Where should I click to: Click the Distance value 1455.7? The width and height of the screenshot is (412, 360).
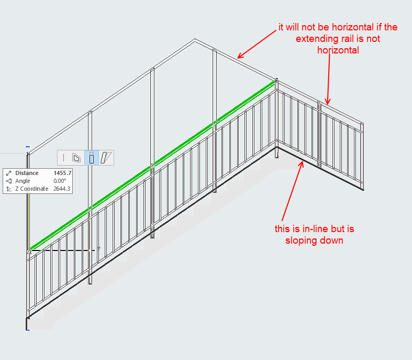point(62,173)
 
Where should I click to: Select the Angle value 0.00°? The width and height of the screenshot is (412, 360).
point(60,181)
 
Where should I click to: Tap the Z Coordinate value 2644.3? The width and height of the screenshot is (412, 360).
point(62,189)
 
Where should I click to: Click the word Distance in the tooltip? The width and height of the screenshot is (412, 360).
point(27,173)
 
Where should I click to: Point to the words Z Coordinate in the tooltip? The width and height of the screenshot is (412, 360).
point(31,189)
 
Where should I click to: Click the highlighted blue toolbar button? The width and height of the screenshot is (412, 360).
point(92,158)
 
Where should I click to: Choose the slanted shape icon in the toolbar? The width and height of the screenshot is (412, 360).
point(106,158)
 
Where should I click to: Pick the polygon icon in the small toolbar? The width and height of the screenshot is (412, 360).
point(76,158)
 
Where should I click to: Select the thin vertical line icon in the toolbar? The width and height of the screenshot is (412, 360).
point(63,158)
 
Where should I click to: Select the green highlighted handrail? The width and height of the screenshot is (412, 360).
point(152,166)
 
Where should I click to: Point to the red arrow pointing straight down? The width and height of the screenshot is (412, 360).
point(328,80)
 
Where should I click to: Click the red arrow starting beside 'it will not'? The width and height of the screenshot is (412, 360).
point(257,44)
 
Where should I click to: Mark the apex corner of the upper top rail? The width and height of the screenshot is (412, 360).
point(195,39)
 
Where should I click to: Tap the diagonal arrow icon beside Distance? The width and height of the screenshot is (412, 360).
point(9,173)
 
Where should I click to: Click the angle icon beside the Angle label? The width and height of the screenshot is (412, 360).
point(9,181)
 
